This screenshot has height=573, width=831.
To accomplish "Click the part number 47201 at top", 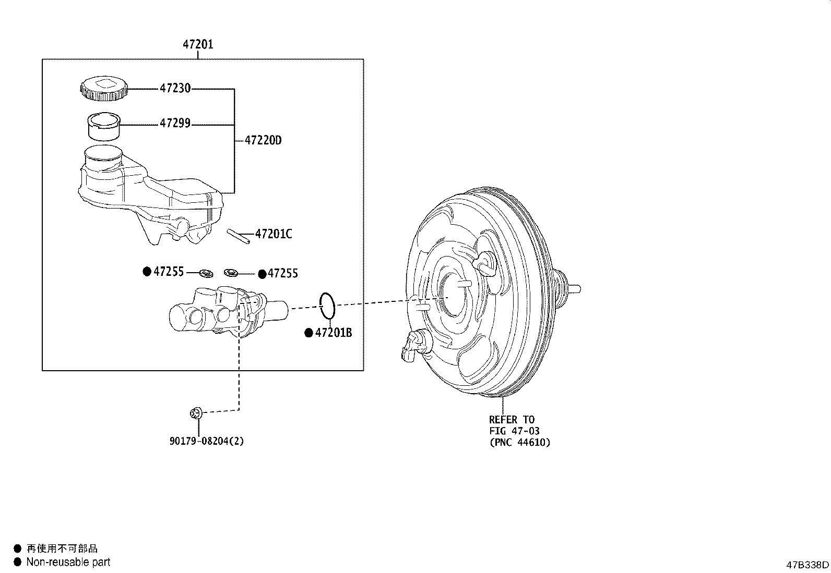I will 198,44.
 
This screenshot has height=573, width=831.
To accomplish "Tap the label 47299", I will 175,124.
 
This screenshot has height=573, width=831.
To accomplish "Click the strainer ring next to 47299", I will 103,127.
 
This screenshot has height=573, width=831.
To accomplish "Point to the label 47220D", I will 263,140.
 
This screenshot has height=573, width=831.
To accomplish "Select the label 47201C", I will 274,234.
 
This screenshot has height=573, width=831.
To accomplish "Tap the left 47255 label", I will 169,272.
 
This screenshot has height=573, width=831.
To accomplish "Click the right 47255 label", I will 282,273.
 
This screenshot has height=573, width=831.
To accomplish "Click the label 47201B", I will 334,333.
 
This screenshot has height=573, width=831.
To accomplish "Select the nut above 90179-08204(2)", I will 196,413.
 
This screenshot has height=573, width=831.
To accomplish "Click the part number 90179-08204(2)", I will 207,441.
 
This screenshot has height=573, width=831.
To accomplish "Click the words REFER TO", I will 512,419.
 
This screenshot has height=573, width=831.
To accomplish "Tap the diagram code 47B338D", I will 808,565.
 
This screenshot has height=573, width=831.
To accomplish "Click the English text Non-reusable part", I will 68,562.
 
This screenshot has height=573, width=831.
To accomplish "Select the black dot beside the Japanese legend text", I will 17,548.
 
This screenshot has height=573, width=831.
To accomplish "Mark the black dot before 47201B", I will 308,333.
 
